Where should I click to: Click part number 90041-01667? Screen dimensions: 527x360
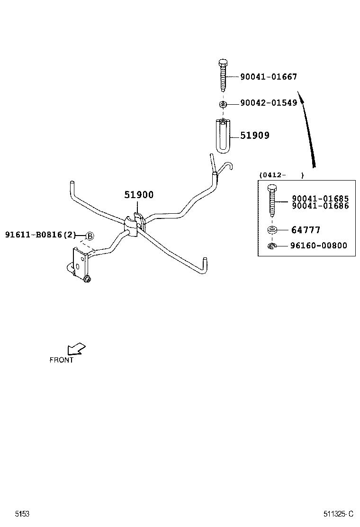pos(268,77)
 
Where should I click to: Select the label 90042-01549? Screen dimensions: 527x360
pos(268,103)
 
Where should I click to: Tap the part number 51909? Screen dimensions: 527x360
pos(254,136)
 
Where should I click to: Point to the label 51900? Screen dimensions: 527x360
pos(139,195)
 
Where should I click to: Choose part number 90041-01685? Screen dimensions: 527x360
pos(320,199)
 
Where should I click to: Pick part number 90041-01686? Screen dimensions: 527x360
pos(320,206)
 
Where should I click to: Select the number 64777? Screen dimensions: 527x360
pos(306,230)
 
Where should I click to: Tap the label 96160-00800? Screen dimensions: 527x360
pos(319,245)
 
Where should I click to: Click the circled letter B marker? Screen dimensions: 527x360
pos(90,236)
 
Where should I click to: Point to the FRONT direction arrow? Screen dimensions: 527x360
pos(76,349)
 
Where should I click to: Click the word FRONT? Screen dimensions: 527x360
pos(62,360)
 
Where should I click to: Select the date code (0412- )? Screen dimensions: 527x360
pos(281,175)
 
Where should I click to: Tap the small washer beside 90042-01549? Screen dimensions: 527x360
pos(223,104)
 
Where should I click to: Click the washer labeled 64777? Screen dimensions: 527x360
pos(271,231)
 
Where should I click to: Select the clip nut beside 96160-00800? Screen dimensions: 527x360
pos(271,245)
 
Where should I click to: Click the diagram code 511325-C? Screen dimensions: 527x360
pos(338,514)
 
